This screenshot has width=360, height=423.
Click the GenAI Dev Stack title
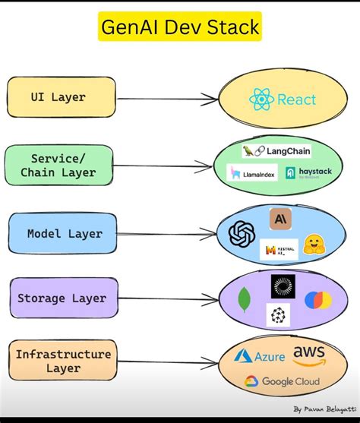tap(180, 28)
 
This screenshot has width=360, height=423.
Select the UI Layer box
tap(62, 97)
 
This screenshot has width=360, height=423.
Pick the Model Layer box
tap(64, 233)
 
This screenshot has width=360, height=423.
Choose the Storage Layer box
tap(62, 298)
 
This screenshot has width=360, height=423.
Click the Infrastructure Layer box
tap(63, 361)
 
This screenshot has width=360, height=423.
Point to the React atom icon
tap(261, 99)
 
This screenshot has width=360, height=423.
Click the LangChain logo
tap(276, 151)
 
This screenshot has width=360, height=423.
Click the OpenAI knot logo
tap(242, 232)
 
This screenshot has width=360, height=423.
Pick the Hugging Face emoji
tap(314, 245)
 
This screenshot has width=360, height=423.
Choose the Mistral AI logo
tap(279, 248)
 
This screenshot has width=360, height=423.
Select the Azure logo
tap(260, 356)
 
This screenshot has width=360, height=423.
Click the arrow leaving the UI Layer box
tap(167, 98)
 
